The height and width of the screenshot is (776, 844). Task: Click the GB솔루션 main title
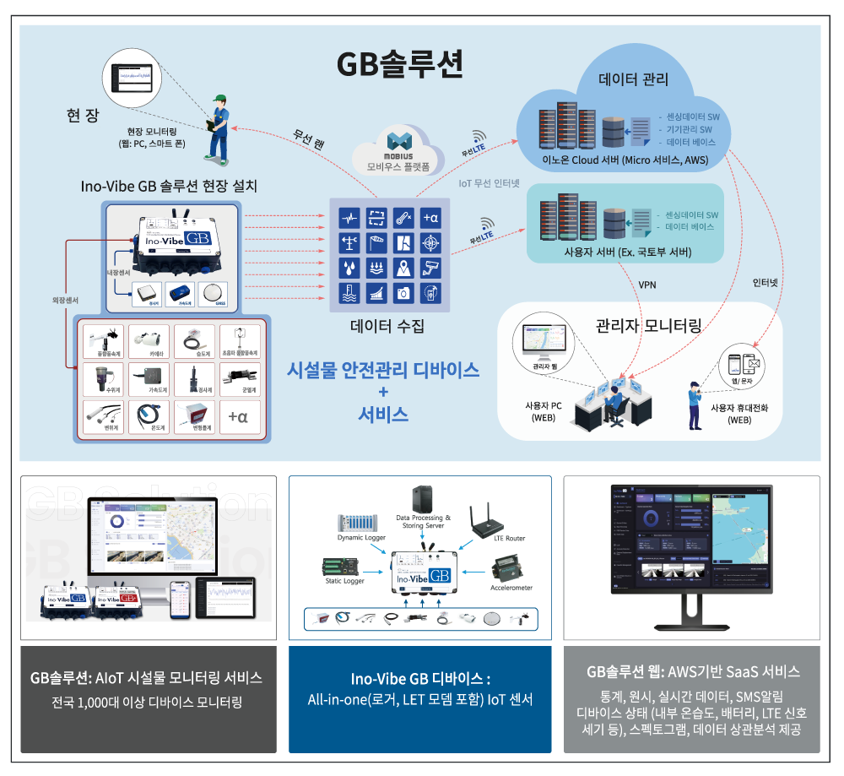[399, 63]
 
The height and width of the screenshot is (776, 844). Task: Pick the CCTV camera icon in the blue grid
[430, 269]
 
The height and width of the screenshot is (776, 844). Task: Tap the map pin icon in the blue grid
[403, 269]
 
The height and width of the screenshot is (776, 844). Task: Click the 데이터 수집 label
[387, 325]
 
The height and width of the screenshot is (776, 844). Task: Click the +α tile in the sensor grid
[238, 416]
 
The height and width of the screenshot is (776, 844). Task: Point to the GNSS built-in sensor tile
[219, 293]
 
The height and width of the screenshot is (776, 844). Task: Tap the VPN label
[647, 285]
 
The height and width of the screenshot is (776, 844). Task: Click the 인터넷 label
[765, 284]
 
